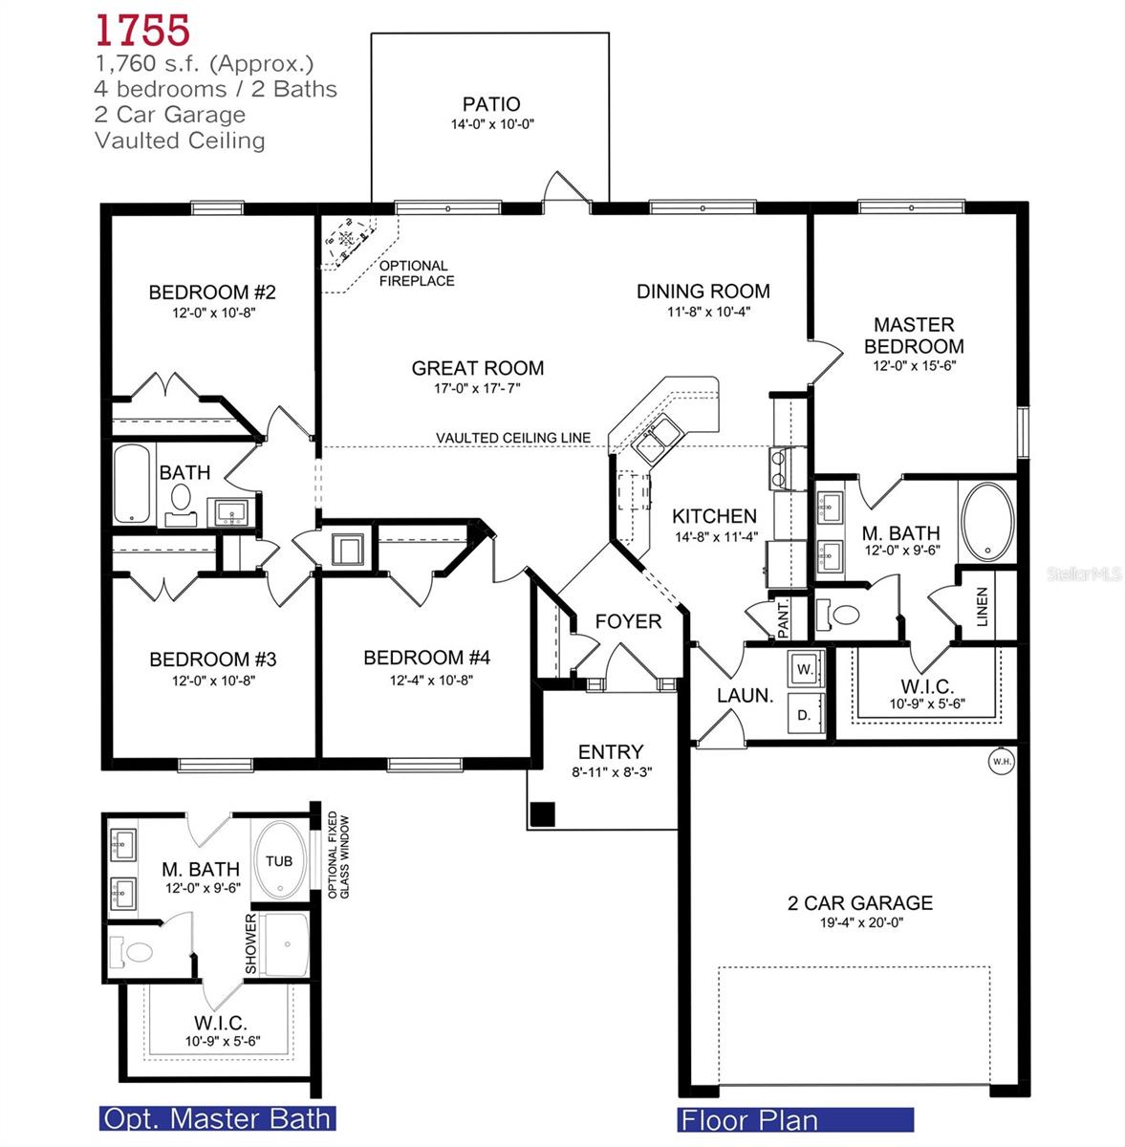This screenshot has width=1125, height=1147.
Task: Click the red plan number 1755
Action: pos(142,30)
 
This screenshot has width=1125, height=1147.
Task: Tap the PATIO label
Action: pos(491,104)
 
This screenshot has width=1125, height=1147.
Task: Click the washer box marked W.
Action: pos(805,670)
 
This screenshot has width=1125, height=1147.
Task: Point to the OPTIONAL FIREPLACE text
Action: pos(416,273)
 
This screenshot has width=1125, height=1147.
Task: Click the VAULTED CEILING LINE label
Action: pos(512,438)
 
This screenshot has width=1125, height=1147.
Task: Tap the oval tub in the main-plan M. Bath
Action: pos(988,521)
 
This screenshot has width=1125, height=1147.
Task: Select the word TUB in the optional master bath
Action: pos(279,861)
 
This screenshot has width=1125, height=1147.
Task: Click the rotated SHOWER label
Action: pos(251,944)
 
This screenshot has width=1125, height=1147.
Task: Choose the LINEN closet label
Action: pos(982,606)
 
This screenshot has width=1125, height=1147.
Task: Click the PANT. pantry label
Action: pos(784,619)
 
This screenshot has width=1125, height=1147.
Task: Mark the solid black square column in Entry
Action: pos(542,813)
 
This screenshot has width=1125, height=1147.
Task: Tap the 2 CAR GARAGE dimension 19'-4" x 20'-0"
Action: pos(859,922)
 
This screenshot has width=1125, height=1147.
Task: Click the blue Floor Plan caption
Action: pos(748,1119)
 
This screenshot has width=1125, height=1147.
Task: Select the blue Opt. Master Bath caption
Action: pos(217,1118)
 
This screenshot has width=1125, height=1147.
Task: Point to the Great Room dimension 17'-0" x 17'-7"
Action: pos(478,388)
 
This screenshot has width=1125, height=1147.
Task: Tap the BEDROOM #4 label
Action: pos(426,658)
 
